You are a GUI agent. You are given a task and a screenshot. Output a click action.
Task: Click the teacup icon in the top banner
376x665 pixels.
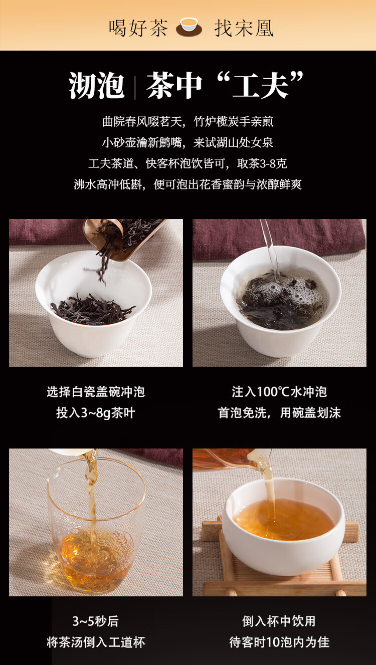pos(189,27)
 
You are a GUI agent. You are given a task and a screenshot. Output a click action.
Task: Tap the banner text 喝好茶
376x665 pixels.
pos(138,28)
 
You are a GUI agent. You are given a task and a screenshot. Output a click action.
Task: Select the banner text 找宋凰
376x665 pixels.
pos(244,28)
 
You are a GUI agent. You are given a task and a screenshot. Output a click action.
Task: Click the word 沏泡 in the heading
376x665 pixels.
pos(96,86)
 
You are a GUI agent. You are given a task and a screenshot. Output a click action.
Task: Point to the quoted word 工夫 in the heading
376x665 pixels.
pos(261,85)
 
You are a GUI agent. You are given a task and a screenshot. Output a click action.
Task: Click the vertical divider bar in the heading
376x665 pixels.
pos(135,88)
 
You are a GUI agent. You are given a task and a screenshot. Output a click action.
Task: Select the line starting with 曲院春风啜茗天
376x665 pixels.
pos(187,121)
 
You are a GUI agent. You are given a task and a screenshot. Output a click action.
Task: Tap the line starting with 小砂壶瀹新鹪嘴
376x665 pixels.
pos(187,142)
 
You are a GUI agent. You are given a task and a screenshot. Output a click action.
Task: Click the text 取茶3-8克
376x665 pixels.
pos(262,163)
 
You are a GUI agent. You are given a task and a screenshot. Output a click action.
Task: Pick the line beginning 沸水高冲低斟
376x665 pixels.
pos(187,184)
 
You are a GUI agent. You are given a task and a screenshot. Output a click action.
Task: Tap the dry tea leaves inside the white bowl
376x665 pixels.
pos(92,309)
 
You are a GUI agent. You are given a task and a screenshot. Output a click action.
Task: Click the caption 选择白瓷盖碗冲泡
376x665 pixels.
pos(96,392)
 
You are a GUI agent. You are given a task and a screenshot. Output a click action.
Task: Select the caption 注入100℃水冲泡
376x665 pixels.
pos(279,392)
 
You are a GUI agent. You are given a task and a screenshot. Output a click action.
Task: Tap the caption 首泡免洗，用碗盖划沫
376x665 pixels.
pos(279,413)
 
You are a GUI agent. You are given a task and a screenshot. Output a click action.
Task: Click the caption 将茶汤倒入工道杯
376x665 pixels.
pos(96,642)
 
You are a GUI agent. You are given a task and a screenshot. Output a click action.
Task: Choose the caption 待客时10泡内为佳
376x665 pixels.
pos(279,642)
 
